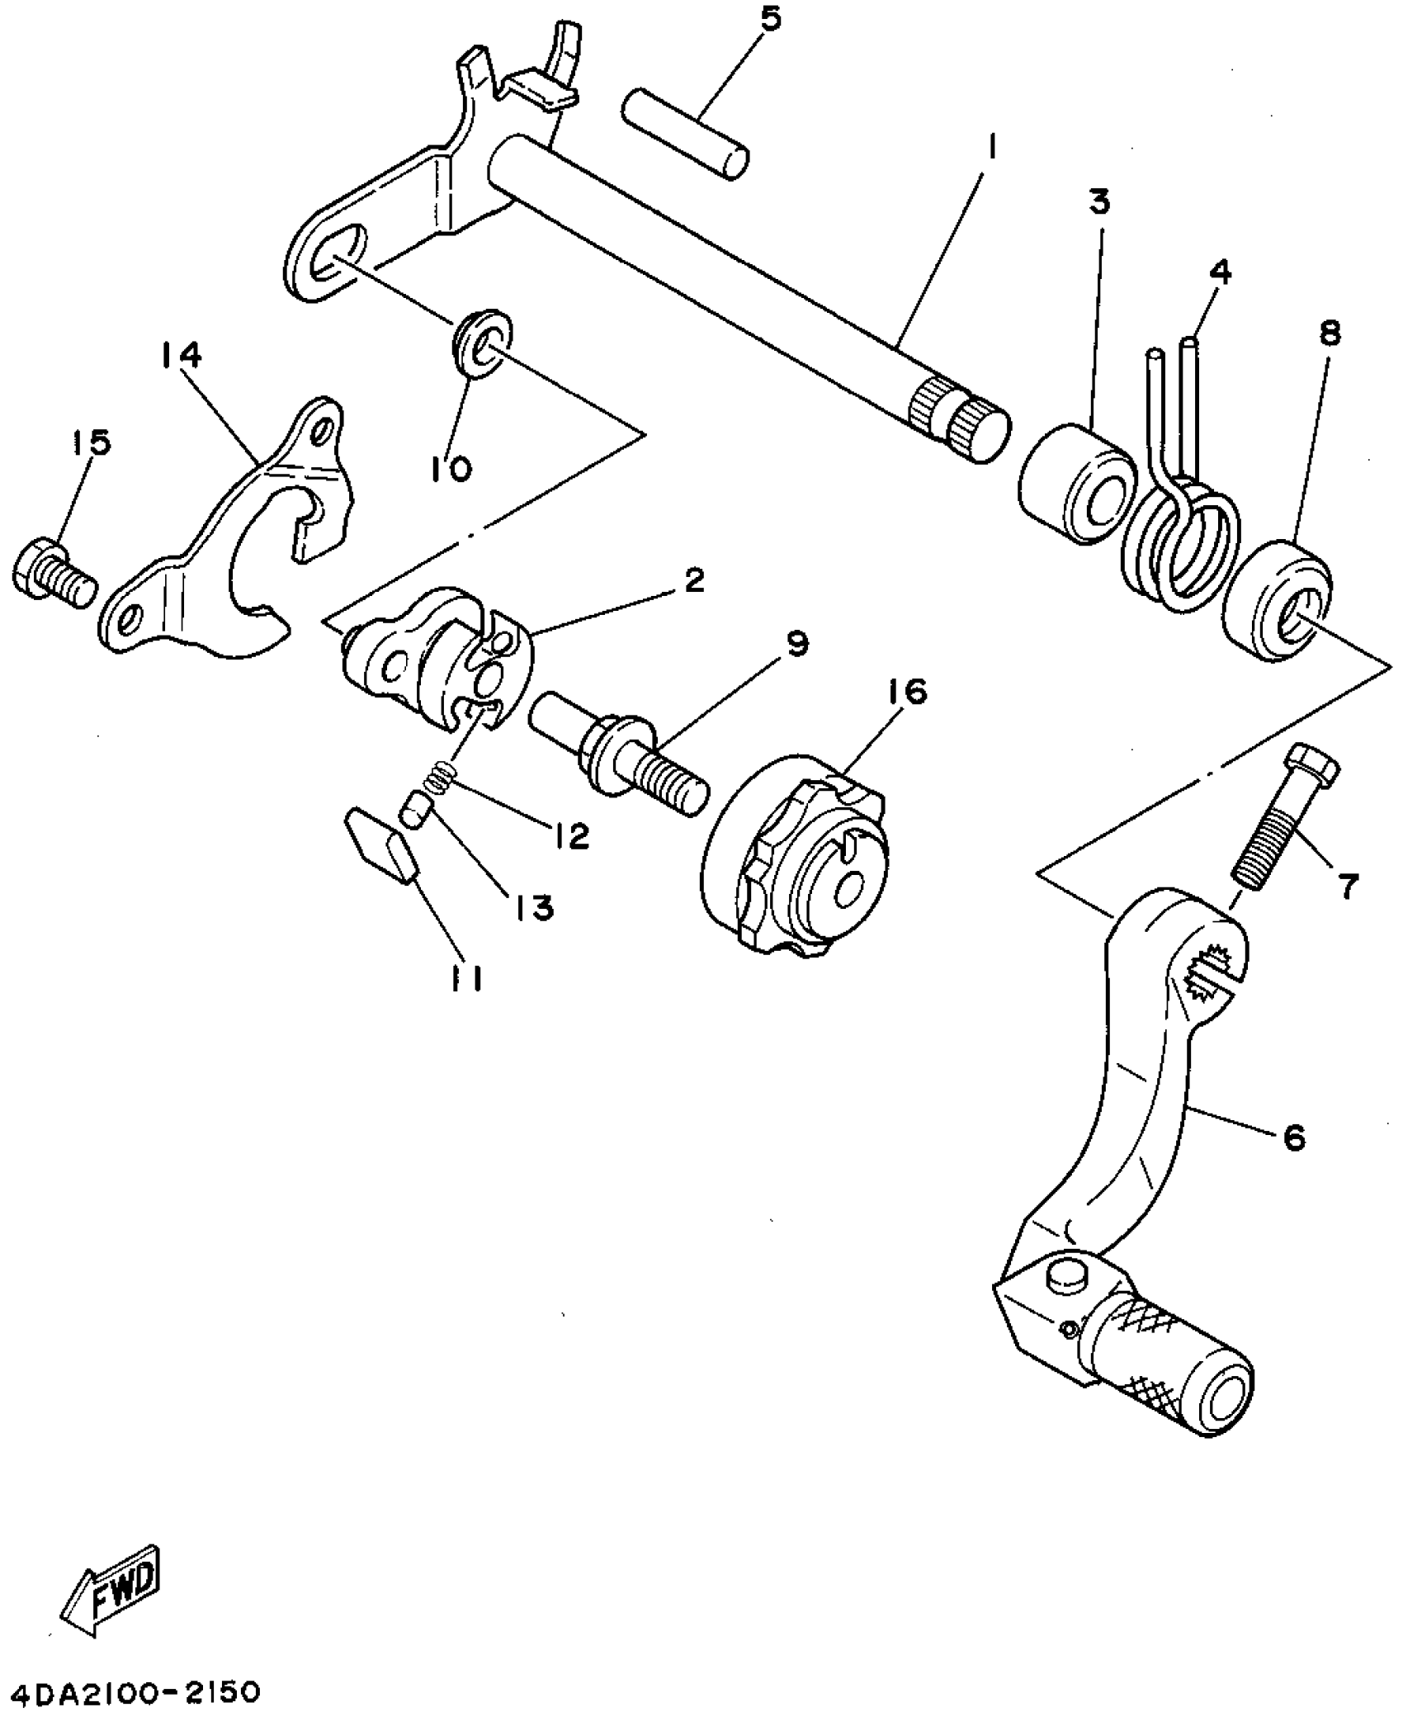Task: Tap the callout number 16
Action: tap(908, 693)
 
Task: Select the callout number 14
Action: tap(181, 357)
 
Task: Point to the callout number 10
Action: tap(451, 468)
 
